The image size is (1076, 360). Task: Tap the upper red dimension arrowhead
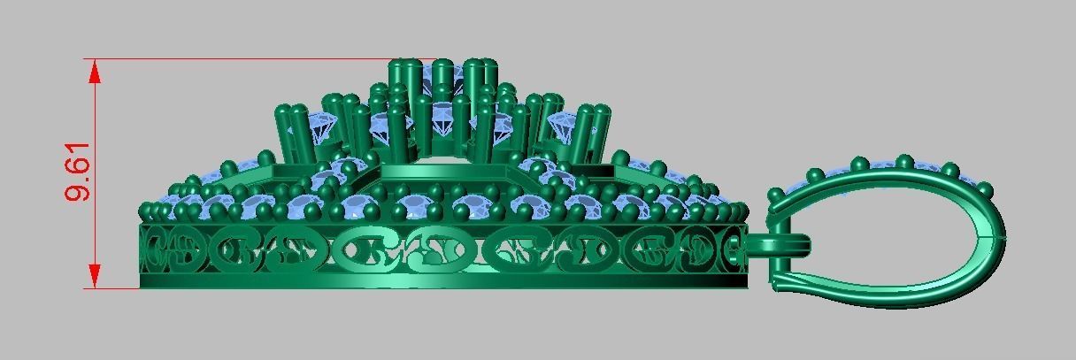click(x=94, y=72)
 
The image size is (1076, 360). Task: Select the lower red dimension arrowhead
click(x=94, y=276)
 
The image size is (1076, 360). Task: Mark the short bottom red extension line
click(x=115, y=288)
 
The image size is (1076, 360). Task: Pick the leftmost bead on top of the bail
click(x=776, y=193)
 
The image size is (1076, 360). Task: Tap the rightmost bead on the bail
click(x=985, y=188)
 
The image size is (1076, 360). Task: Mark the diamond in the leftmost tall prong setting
click(x=320, y=128)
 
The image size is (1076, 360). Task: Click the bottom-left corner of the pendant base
click(x=142, y=287)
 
